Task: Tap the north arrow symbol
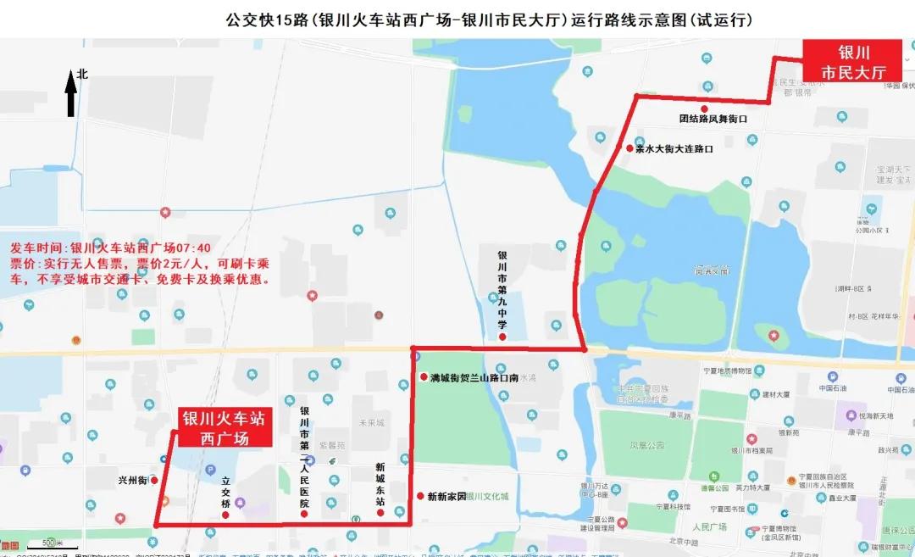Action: (71, 94)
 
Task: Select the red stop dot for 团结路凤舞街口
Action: (704, 109)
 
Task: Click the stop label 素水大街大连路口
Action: (674, 148)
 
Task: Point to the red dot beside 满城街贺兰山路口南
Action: (422, 376)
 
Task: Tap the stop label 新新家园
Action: (446, 496)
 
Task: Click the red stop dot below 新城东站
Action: (380, 512)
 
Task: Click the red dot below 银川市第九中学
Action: (502, 337)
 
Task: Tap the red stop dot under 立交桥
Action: (225, 515)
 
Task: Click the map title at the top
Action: (489, 19)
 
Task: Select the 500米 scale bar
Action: (50, 542)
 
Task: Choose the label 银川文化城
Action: (487, 496)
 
